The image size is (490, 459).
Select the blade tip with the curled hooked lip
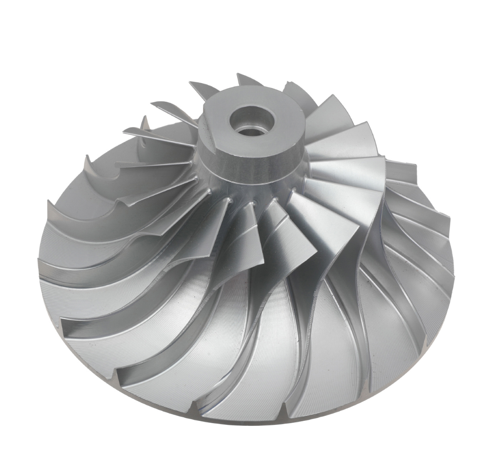(86, 159)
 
